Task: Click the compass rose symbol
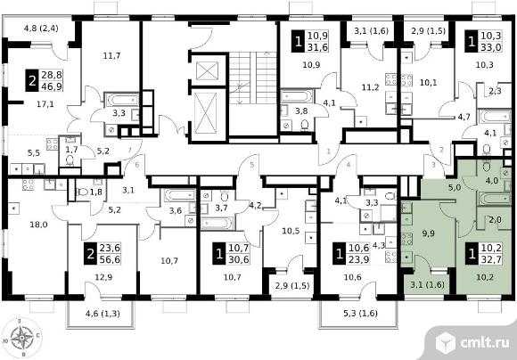(x=21, y=338)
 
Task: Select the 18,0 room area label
(x=38, y=225)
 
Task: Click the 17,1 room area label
(x=45, y=104)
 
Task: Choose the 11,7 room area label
(x=111, y=56)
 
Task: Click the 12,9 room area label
(x=103, y=277)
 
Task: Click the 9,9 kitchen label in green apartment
(x=428, y=233)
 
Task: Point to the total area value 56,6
(x=109, y=259)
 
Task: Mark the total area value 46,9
(x=52, y=86)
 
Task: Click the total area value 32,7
(x=491, y=259)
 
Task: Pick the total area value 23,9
(x=358, y=259)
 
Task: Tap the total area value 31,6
(x=318, y=47)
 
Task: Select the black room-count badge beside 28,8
(x=32, y=81)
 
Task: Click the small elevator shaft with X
(x=207, y=71)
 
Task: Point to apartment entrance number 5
(x=252, y=165)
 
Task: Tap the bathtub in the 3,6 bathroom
(x=180, y=195)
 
